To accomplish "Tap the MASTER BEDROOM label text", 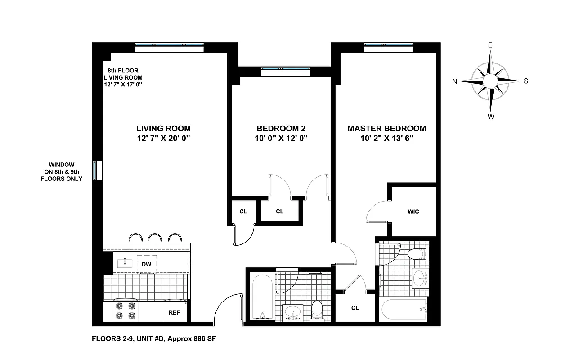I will [x=386, y=128].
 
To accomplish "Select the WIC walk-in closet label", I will [x=413, y=211].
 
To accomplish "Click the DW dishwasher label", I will [x=146, y=264].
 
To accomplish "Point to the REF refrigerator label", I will [x=174, y=312].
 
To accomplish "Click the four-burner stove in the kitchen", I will [x=126, y=310].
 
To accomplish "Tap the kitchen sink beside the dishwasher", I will [x=125, y=263].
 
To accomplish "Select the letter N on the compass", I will [x=455, y=81].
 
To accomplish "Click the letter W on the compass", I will [x=491, y=117].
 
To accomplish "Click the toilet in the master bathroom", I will [x=416, y=254].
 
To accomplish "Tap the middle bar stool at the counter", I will [x=155, y=238].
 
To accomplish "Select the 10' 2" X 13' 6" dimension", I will [x=386, y=139].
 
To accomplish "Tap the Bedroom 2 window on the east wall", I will [x=285, y=69].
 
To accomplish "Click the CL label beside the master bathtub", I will [x=355, y=308].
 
